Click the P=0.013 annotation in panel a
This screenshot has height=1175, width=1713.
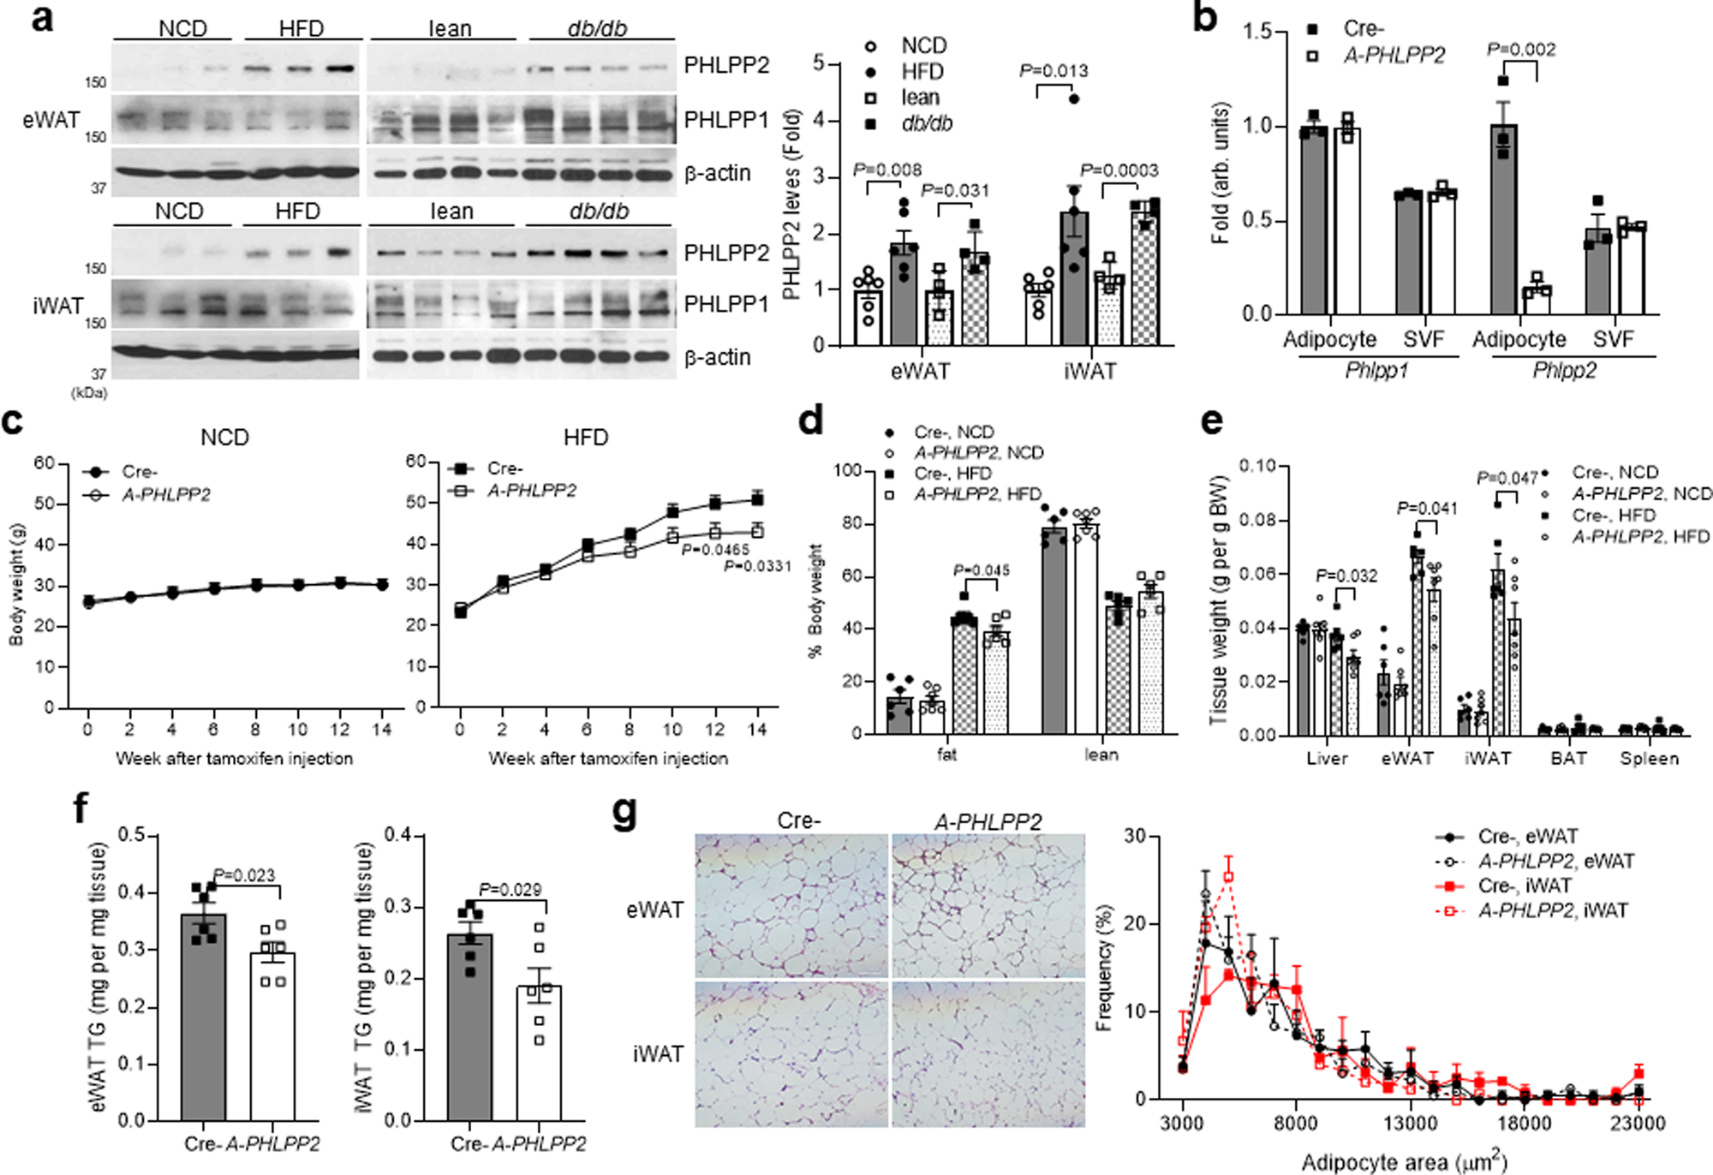tap(1053, 70)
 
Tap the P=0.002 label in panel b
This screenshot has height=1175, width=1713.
tap(1520, 50)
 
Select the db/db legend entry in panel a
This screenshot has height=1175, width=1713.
tap(926, 123)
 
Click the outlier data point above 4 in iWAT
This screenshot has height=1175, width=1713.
tap(1074, 98)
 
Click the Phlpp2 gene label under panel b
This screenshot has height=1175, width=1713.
tap(1564, 371)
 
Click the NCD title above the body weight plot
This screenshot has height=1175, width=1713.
tap(224, 438)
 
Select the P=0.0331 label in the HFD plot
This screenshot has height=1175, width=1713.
tap(757, 566)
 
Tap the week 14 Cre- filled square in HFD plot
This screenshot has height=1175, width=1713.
tap(757, 499)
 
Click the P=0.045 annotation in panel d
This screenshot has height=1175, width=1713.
tap(982, 570)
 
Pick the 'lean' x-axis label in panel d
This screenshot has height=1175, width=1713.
tap(1101, 755)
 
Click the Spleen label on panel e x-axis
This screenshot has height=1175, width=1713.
tap(1649, 759)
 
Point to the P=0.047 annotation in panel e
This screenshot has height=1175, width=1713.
tap(1507, 478)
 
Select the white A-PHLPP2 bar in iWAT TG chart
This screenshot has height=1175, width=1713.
tap(539, 1053)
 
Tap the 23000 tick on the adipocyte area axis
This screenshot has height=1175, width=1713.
tap(1637, 1123)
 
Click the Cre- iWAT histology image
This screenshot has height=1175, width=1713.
tap(791, 1054)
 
